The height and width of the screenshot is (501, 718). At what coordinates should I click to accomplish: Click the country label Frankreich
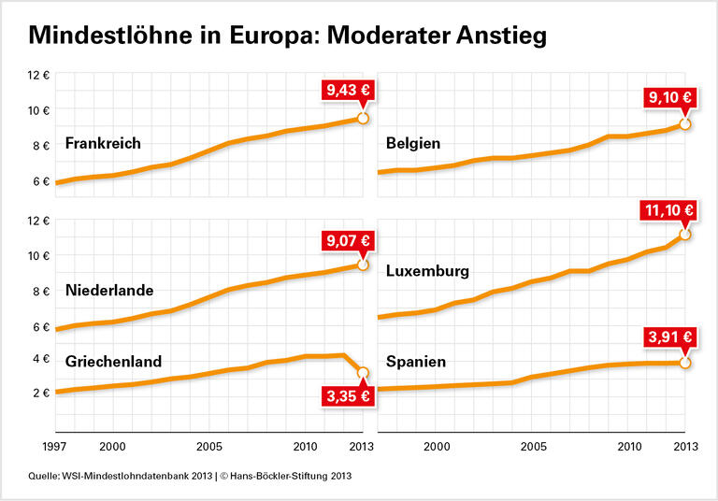click(103, 143)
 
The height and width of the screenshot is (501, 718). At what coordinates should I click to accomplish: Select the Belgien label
click(412, 143)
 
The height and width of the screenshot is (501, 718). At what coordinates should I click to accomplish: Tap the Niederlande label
click(109, 290)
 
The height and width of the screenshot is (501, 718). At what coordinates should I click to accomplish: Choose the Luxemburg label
click(427, 271)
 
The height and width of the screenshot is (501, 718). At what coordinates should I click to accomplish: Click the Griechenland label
click(113, 361)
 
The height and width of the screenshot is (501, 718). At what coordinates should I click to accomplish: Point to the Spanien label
click(415, 361)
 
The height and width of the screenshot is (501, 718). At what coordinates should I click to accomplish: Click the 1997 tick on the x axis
click(55, 446)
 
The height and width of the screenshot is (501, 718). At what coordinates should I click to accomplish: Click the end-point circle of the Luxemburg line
click(685, 234)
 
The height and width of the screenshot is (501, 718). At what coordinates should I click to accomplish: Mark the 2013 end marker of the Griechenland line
click(363, 373)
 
